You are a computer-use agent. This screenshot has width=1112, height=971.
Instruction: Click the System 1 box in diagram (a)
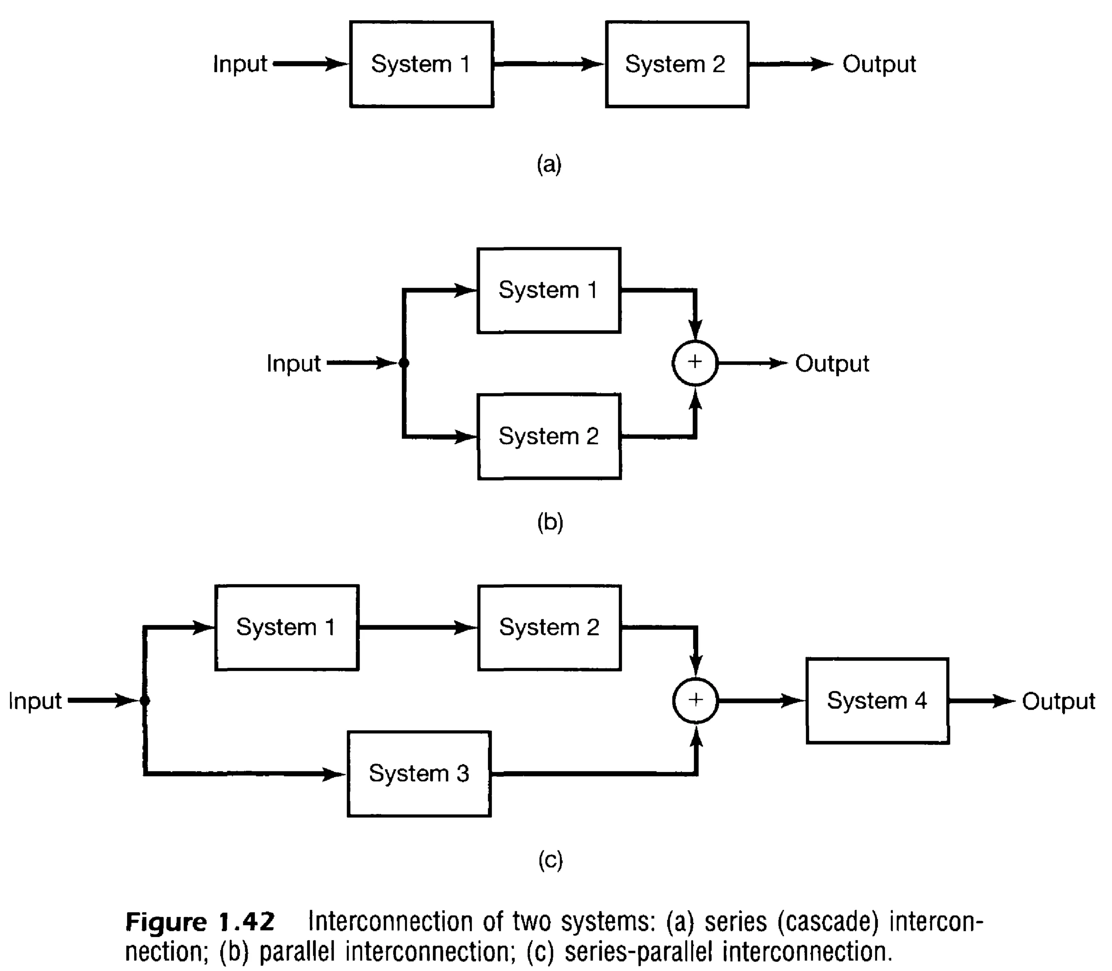(x=421, y=64)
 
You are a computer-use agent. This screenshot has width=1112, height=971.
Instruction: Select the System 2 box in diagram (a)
(x=677, y=64)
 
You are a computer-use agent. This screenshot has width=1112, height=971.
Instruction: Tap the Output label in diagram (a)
(x=879, y=64)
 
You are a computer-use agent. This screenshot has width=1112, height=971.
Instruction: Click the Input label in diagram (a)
(x=239, y=64)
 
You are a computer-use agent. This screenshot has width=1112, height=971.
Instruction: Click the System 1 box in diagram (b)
(x=548, y=290)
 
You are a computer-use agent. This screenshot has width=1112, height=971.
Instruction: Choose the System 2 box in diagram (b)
(x=549, y=437)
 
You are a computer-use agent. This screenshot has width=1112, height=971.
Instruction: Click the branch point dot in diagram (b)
(x=404, y=363)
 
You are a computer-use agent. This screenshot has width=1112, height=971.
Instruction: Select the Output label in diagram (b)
(x=832, y=363)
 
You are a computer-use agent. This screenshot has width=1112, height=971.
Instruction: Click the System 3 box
(x=419, y=774)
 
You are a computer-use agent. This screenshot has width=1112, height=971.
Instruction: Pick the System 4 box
(x=877, y=701)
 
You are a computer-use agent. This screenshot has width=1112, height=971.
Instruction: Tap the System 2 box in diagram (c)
(x=549, y=628)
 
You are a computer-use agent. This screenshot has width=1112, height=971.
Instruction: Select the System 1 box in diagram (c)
(x=286, y=628)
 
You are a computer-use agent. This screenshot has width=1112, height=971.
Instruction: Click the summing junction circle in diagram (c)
(x=695, y=700)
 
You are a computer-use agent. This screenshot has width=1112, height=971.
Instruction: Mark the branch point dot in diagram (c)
(x=145, y=701)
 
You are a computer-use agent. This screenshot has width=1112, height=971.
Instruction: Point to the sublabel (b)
(x=550, y=522)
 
